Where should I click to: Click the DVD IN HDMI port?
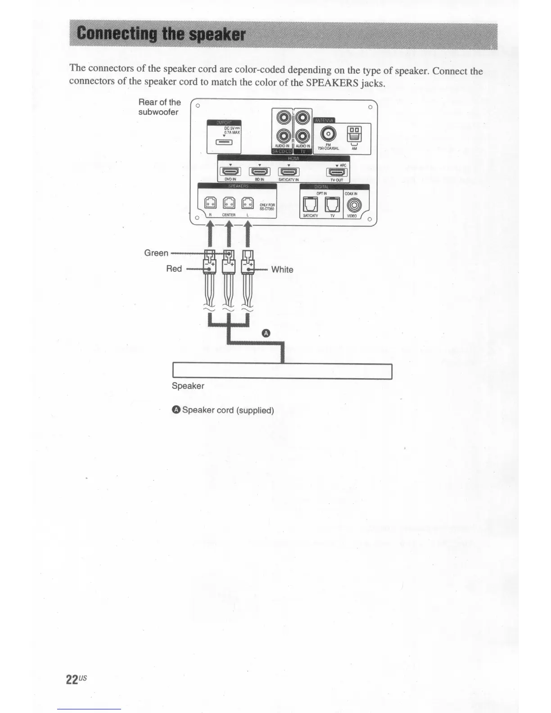(230, 171)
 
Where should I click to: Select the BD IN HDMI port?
(259, 171)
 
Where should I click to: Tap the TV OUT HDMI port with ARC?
(337, 172)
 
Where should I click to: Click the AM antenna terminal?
(354, 134)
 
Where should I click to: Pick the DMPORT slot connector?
(224, 143)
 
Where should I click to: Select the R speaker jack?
(211, 203)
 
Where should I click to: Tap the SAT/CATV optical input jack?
(311, 205)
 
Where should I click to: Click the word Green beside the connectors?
(156, 253)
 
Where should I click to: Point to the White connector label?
(282, 270)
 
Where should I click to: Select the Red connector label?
(174, 269)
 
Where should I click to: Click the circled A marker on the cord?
(266, 334)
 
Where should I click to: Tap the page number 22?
(72, 680)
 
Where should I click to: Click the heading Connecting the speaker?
(161, 34)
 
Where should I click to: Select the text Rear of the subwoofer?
(159, 107)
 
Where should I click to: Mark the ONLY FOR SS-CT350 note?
(267, 207)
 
